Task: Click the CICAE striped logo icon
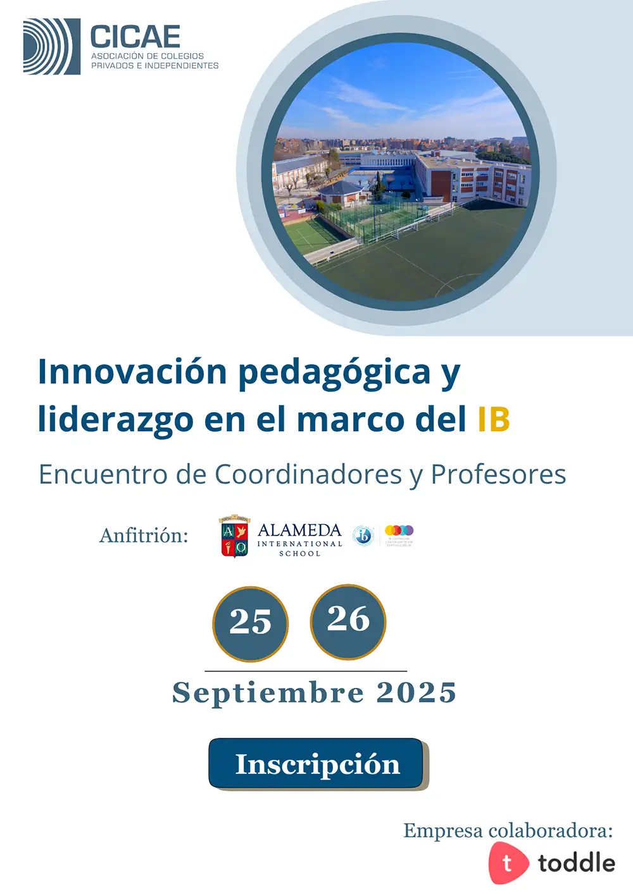(x=52, y=47)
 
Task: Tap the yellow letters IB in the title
(x=494, y=419)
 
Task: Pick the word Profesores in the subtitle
(x=498, y=474)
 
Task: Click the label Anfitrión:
(x=144, y=536)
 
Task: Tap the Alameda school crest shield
(x=234, y=537)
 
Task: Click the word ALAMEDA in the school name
(x=299, y=530)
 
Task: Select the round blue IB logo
(x=363, y=536)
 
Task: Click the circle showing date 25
(x=250, y=623)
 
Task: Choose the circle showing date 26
(x=348, y=622)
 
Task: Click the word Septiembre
(x=268, y=693)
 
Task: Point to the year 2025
(x=416, y=693)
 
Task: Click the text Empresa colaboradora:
(x=508, y=830)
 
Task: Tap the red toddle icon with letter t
(x=507, y=863)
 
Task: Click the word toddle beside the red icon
(x=576, y=863)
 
